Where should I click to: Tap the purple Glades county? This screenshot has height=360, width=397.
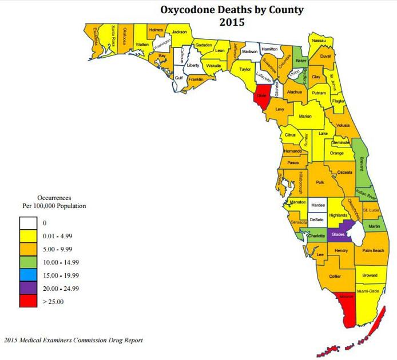tap(338, 235)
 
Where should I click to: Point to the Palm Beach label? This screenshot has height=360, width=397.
tap(374, 251)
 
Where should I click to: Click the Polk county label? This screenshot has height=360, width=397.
tap(320, 182)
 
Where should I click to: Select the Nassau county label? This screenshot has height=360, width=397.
tap(319, 40)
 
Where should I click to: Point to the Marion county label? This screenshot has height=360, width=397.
tap(305, 116)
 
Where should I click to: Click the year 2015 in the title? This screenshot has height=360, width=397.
tap(232, 23)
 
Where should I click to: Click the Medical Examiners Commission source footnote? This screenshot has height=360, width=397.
tap(73, 340)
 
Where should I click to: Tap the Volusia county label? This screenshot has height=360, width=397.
tap(343, 125)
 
